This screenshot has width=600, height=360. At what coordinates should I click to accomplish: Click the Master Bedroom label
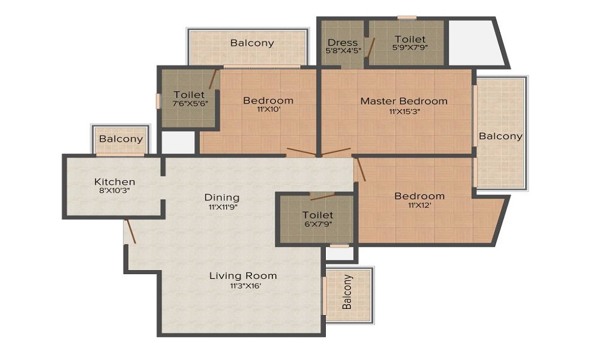tap(404, 101)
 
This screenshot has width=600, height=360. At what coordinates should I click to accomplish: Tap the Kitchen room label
tap(115, 181)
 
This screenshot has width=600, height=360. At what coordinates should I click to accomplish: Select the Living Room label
tap(243, 275)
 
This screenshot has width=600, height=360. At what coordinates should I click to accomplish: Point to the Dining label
tap(222, 198)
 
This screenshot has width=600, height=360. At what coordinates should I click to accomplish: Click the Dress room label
tap(343, 43)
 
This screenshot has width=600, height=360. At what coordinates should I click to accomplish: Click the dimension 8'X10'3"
tap(115, 190)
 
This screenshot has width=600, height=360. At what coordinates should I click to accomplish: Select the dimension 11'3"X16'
tap(245, 285)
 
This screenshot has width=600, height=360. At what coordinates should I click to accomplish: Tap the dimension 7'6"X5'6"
tap(190, 103)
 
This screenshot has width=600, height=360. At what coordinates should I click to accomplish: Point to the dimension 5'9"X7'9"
tap(410, 47)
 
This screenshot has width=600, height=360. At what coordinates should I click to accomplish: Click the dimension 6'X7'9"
tap(318, 224)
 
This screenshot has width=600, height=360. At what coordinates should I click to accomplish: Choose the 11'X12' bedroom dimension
tap(420, 205)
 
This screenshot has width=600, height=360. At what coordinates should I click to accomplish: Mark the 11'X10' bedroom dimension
tap(269, 109)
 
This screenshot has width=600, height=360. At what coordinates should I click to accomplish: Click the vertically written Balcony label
tap(347, 292)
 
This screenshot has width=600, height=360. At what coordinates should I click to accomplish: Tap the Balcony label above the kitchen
tap(121, 139)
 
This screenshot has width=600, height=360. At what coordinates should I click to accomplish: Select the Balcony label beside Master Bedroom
tap(500, 136)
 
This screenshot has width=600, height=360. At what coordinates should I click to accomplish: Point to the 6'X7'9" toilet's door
tap(323, 197)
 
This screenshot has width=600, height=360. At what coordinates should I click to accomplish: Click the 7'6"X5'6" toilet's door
tap(213, 79)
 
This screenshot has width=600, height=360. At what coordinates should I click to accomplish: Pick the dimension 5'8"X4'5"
tap(343, 50)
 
